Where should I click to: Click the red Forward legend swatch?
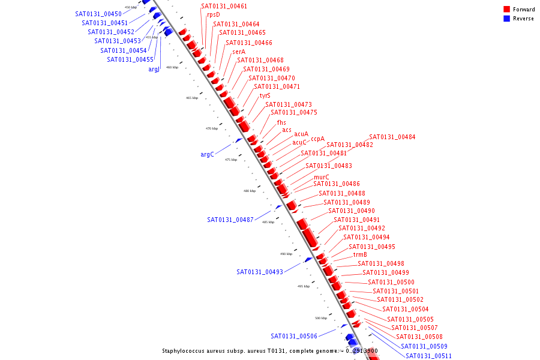[507, 10]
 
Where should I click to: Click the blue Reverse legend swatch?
[507, 19]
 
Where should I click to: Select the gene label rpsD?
[213, 14]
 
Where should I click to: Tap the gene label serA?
[238, 52]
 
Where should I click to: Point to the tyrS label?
[265, 95]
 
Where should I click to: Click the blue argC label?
[207, 154]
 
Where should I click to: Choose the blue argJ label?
[154, 69]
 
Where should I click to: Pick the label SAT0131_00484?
[392, 137]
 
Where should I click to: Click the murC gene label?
[321, 177]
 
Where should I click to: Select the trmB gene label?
[360, 254]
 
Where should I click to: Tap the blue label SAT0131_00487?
[230, 220]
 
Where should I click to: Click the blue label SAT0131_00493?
[259, 272]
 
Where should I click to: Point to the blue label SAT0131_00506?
[293, 336]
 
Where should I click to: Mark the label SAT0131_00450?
[98, 14]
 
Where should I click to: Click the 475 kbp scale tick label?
[231, 160]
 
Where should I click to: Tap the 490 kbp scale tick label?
[286, 254]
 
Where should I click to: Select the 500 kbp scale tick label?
[321, 318]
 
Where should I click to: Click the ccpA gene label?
[317, 139]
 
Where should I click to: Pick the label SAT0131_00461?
[224, 6]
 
